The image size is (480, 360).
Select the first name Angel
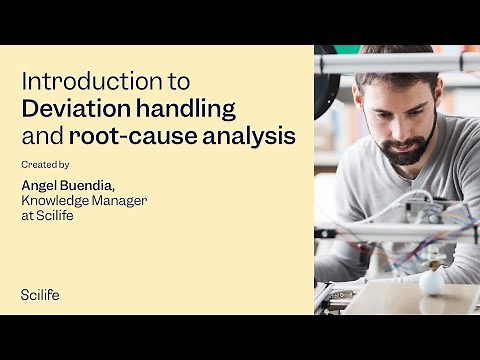(40, 185)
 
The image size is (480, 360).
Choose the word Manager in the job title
(121, 200)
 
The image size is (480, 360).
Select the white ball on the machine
(432, 282)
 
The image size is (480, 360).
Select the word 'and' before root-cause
(40, 134)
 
